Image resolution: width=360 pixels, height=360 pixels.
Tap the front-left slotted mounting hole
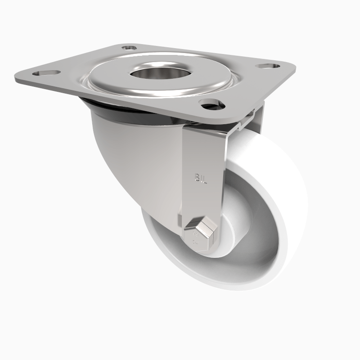46,72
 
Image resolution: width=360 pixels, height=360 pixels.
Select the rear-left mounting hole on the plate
130,47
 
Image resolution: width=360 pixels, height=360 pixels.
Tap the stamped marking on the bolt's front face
195,238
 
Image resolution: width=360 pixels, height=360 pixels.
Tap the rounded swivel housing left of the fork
130,162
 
